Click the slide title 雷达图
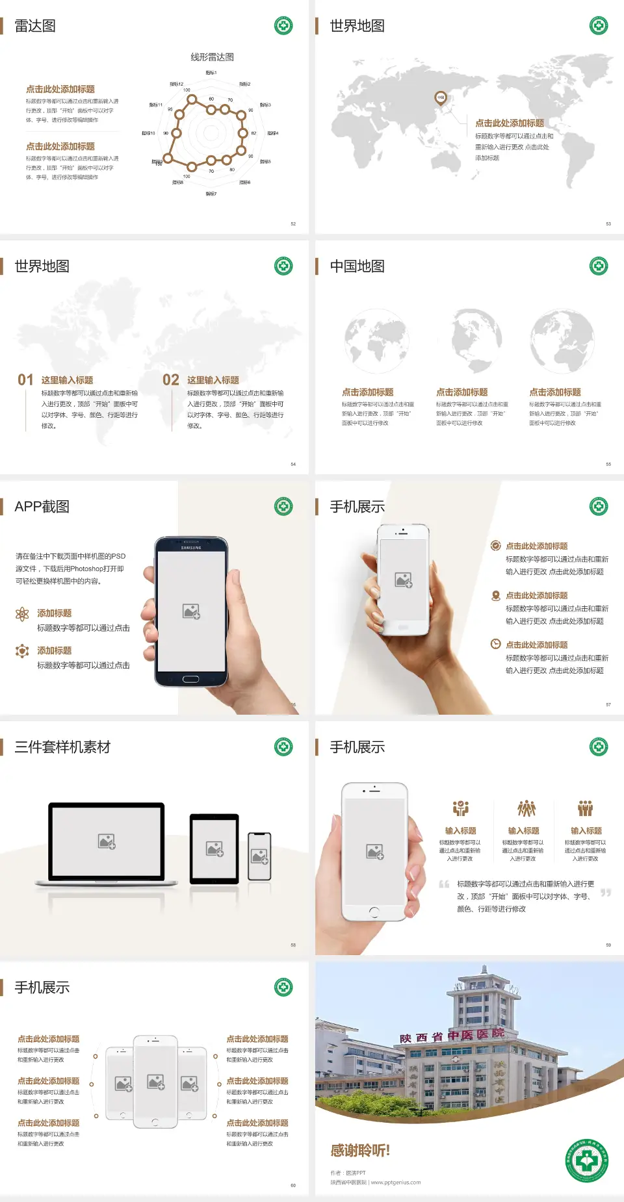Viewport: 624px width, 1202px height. coord(35,26)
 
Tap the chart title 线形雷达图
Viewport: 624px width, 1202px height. coord(212,57)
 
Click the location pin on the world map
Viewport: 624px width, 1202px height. coord(441,98)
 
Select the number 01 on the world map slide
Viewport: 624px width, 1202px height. coord(25,380)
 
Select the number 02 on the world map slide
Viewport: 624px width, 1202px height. coord(171,380)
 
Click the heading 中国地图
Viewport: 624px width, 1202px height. coord(357,266)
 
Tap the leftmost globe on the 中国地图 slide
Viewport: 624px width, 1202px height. coord(376,341)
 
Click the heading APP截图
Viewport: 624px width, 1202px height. coord(42,507)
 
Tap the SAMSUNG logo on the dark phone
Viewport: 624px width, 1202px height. coord(191,548)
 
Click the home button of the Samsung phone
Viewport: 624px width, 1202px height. coord(190,679)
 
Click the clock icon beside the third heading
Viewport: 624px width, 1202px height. coord(495,644)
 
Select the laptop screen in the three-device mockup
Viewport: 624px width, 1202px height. coord(107,841)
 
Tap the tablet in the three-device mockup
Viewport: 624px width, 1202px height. coord(214,848)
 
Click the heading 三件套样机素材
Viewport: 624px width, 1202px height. coord(62,747)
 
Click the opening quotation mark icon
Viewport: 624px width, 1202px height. coord(444,884)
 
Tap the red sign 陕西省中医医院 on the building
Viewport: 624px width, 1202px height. coord(452,1036)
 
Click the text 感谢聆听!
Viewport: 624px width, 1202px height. coord(360,1151)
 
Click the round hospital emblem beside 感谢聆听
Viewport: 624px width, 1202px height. coord(587,1160)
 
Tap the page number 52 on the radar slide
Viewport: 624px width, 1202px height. coord(293,224)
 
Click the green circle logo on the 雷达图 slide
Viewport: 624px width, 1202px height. coord(283,26)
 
